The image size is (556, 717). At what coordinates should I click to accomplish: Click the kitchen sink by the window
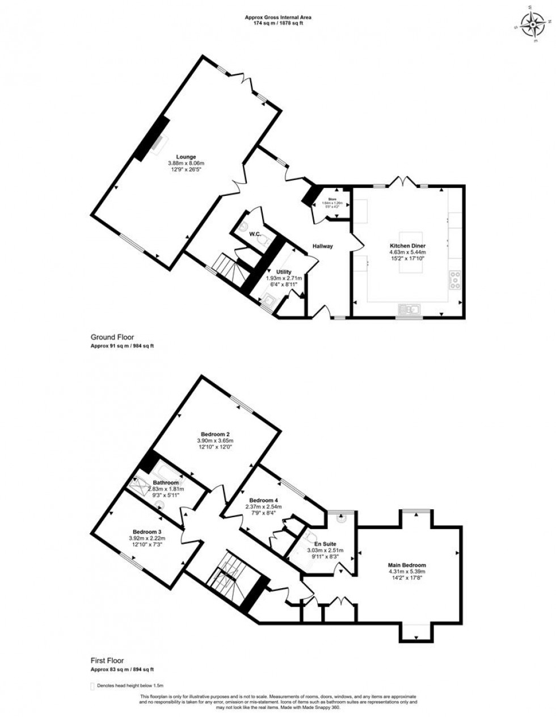[408, 309]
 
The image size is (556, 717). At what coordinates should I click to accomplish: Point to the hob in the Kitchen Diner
[455, 279]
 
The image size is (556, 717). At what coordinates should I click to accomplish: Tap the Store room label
[332, 199]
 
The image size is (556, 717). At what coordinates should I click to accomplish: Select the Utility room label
[284, 272]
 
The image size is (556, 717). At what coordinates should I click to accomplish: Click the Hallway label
[322, 246]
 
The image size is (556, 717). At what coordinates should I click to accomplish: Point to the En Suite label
[325, 543]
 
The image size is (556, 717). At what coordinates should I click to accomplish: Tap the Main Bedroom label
[407, 565]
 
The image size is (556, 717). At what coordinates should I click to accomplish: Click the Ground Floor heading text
[112, 337]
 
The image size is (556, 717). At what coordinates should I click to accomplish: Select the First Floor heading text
[108, 661]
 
